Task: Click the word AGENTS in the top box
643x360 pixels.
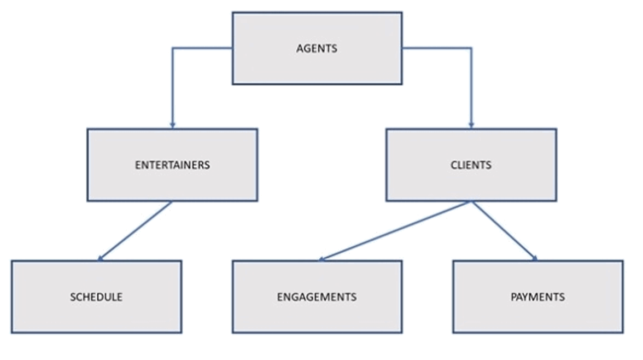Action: [317, 49]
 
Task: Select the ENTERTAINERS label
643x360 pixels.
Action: [172, 165]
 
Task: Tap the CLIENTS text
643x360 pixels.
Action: [471, 165]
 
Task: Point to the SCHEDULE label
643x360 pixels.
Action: [96, 297]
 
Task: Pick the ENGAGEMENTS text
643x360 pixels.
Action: [317, 297]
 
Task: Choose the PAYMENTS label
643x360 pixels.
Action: [537, 297]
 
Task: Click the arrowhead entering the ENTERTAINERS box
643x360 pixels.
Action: [172, 125]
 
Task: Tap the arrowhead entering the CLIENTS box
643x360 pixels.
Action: [471, 125]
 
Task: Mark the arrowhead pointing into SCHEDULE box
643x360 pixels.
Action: [101, 258]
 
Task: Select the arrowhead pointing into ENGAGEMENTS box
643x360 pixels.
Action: [321, 259]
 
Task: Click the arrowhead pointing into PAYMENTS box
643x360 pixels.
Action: [535, 258]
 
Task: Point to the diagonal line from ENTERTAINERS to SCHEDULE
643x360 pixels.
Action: [136, 230]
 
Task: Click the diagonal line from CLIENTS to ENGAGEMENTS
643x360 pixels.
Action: [395, 230]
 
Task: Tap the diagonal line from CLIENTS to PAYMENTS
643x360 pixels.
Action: [504, 230]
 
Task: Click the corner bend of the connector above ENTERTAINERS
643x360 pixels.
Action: [172, 48]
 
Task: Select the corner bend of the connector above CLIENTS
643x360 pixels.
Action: [471, 48]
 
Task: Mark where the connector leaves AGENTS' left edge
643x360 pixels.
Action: [232, 48]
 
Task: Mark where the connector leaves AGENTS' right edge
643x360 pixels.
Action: [402, 48]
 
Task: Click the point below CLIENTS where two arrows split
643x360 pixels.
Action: [471, 201]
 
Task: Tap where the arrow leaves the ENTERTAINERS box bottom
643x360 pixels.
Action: [172, 201]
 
